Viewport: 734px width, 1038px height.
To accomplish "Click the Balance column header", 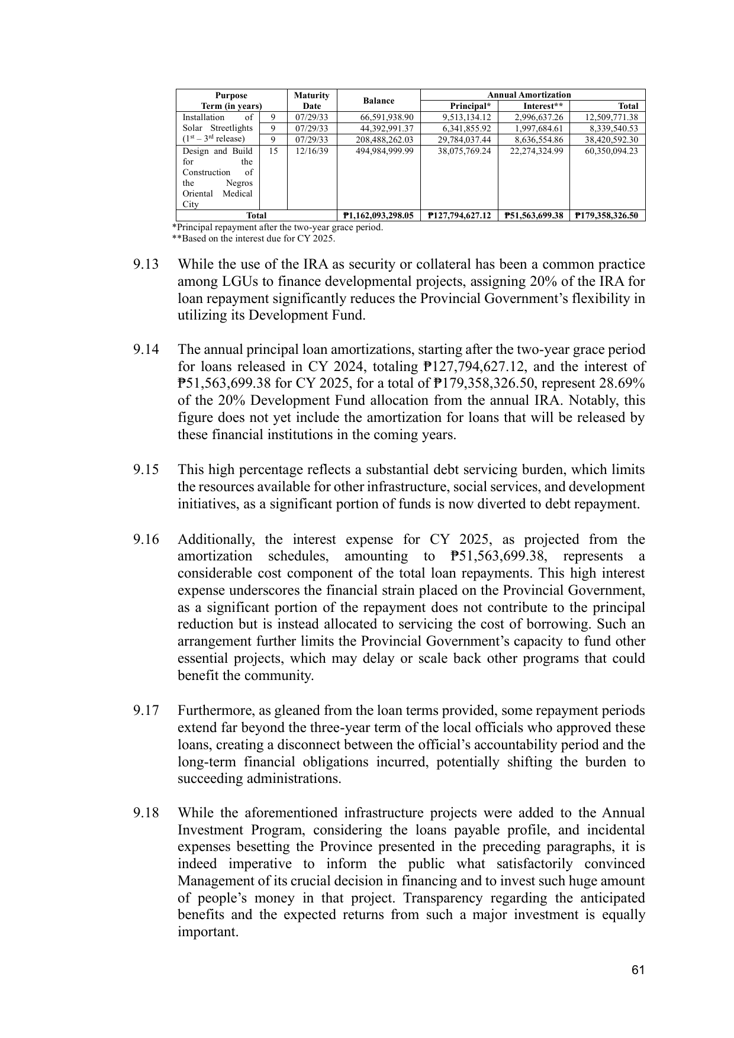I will click(x=378, y=101).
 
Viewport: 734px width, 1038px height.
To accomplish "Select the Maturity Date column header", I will click(x=311, y=101).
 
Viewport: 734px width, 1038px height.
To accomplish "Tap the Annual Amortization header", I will click(x=529, y=95).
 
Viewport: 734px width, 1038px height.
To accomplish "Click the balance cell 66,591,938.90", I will click(x=387, y=117).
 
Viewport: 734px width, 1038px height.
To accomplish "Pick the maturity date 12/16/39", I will click(x=311, y=151).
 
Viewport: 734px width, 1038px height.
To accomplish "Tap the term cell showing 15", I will click(x=273, y=151).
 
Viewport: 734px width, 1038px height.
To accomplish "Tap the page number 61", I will click(x=638, y=969).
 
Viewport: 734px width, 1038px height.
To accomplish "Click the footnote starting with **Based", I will click(x=253, y=238).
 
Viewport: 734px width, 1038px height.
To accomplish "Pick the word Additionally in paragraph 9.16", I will click(x=217, y=539).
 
